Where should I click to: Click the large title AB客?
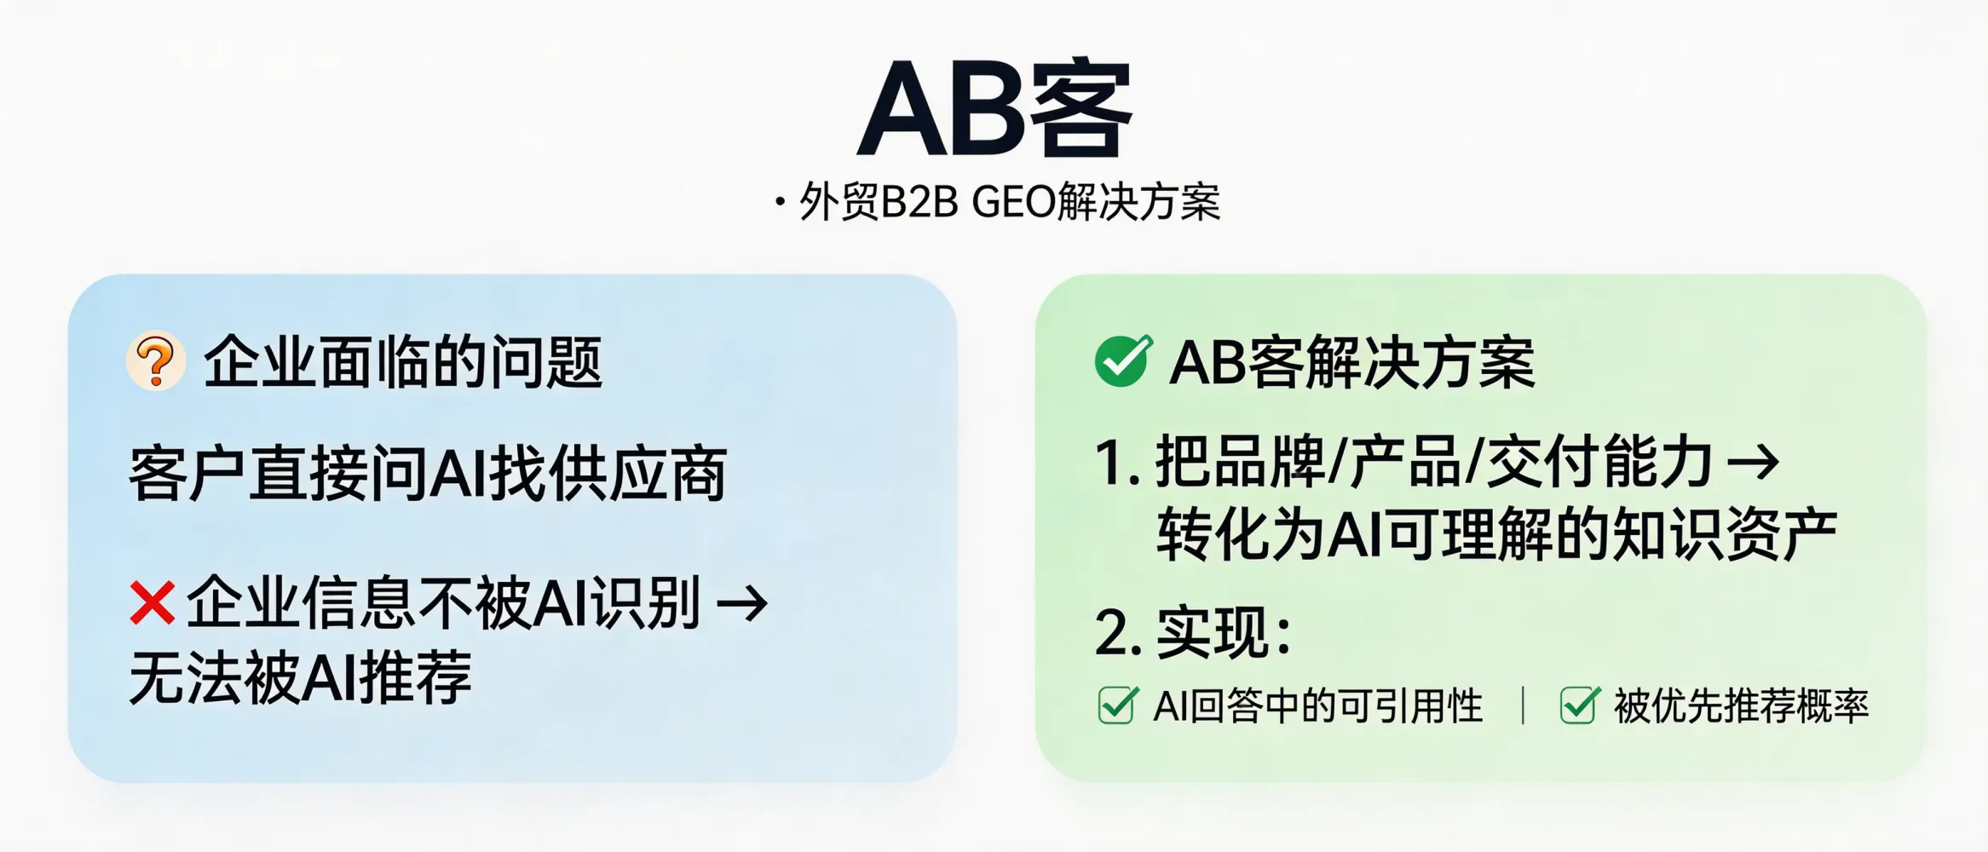point(994,109)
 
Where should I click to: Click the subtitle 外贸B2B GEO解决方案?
point(1009,203)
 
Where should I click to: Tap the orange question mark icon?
point(156,361)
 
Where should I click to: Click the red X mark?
point(153,602)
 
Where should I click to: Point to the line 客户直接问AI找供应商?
point(427,474)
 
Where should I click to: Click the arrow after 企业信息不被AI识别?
point(742,604)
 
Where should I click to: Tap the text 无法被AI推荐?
point(300,677)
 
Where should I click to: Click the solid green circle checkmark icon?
point(1122,360)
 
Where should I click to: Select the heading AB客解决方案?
point(1351,363)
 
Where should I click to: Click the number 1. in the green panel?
point(1117,463)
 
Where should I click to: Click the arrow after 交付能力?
point(1753,463)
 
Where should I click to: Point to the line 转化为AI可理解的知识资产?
point(1495,534)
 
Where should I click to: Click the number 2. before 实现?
point(1117,633)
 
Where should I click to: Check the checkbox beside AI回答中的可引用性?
point(1116,705)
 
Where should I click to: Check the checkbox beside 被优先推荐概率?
point(1578,705)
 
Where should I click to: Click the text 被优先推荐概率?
point(1740,706)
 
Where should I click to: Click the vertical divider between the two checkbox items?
point(1523,705)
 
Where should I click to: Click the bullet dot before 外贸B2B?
point(780,203)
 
